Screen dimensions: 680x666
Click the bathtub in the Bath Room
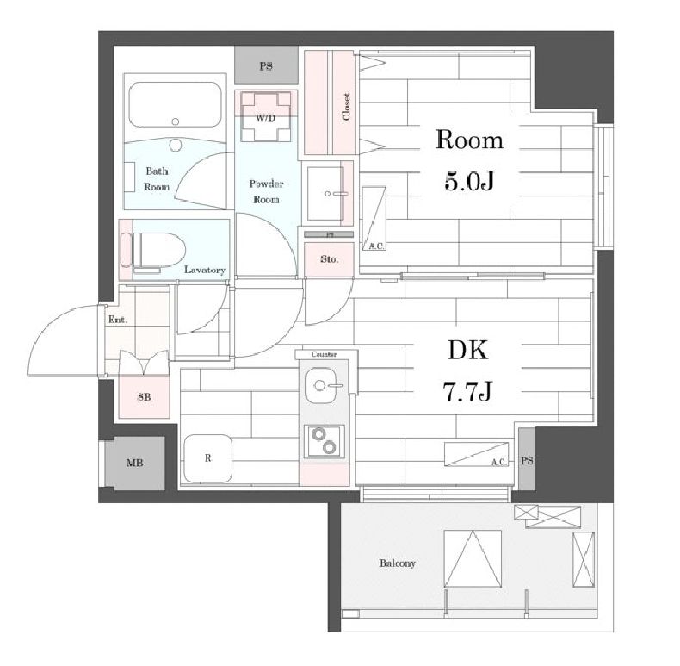[176, 104]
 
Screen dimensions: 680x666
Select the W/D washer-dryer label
[265, 118]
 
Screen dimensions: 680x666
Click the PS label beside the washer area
[266, 66]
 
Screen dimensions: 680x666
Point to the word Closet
[346, 107]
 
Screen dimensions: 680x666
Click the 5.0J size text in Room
[469, 180]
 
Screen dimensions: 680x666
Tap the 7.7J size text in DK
[467, 390]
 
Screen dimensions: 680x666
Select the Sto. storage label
[329, 259]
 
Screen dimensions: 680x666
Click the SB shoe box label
[145, 397]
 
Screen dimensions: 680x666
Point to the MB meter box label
[135, 464]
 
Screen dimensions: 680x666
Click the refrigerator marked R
[207, 458]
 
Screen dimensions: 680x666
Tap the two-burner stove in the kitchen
[325, 440]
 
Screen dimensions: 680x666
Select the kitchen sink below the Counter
[323, 385]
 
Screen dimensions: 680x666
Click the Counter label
[324, 354]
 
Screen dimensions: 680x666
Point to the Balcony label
[398, 563]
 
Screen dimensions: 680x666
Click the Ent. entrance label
[118, 320]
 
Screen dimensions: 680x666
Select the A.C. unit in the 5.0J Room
[374, 218]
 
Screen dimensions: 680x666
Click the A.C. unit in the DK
[476, 455]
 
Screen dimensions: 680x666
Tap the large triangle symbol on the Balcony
[473, 559]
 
